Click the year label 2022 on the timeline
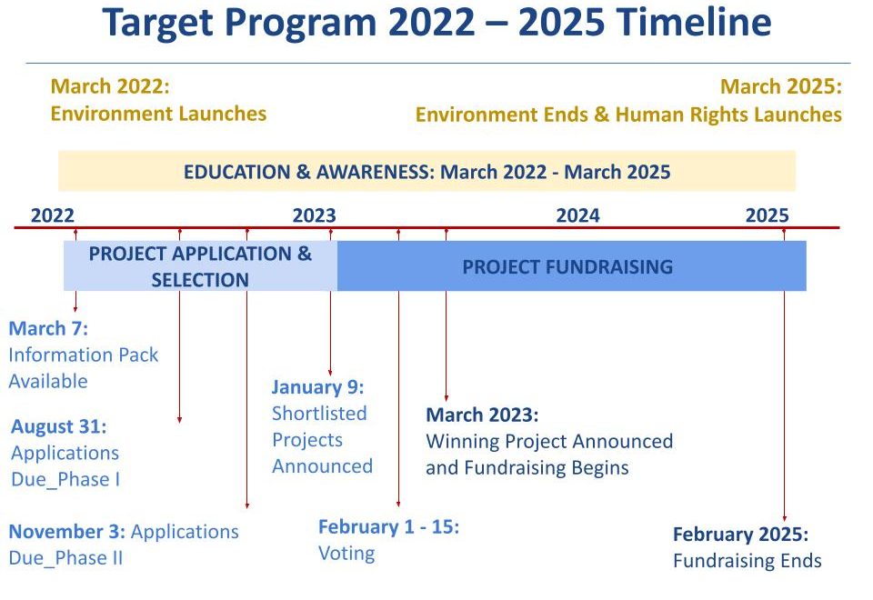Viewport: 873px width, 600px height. [x=53, y=215]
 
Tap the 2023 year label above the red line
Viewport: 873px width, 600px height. [x=315, y=215]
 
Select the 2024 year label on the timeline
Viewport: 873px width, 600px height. [x=578, y=215]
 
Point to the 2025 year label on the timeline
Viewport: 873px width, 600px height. [x=768, y=215]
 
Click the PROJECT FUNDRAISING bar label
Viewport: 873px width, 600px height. [x=567, y=266]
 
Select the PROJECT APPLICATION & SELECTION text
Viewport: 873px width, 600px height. [x=200, y=266]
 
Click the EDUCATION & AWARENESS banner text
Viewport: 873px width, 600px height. [x=427, y=172]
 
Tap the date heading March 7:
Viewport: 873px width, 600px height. [x=48, y=328]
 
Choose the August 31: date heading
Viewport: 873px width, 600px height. [x=59, y=426]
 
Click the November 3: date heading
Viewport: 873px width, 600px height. [x=67, y=532]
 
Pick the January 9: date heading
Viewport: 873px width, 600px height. [x=318, y=387]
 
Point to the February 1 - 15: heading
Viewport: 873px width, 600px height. [x=388, y=526]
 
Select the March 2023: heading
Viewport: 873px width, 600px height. [x=482, y=415]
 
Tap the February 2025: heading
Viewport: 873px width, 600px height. [x=740, y=535]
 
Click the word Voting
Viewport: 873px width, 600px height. [x=346, y=554]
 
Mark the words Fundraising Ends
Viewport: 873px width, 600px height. [x=748, y=561]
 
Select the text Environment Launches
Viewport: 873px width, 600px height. [x=158, y=114]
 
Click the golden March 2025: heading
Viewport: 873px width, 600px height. [x=781, y=87]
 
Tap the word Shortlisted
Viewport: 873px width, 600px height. [x=319, y=414]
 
